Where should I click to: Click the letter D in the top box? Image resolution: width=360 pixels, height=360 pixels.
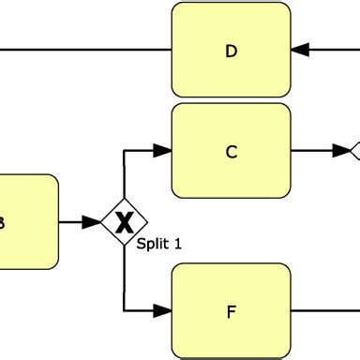pos(232,52)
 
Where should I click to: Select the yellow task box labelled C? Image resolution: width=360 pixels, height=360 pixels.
pos(232,150)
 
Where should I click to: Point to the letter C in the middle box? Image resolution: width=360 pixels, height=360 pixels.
pos(232,151)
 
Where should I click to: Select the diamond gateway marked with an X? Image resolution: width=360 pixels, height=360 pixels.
pos(124,222)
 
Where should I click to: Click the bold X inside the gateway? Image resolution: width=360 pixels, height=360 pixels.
pos(124,223)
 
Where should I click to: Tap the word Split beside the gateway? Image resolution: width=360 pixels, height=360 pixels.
pos(153,244)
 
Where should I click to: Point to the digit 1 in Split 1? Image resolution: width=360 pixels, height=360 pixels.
pos(178,244)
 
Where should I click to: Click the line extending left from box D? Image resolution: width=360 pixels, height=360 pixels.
pos(84,49)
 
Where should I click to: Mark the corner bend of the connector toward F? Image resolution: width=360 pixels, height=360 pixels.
pos(125,309)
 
